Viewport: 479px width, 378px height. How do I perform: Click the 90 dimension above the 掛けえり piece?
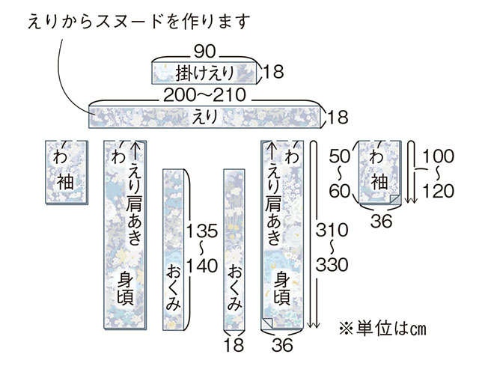pyautogui.click(x=204, y=52)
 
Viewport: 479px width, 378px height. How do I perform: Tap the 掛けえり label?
pyautogui.click(x=204, y=73)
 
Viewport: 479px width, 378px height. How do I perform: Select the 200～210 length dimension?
pyautogui.click(x=204, y=95)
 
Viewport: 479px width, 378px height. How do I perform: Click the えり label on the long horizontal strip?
pyautogui.click(x=205, y=117)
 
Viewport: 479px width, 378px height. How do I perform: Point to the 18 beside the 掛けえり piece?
pyautogui.click(x=273, y=72)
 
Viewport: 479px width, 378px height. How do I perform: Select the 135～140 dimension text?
pyautogui.click(x=202, y=248)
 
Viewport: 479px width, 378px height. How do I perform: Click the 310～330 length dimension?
pyautogui.click(x=332, y=247)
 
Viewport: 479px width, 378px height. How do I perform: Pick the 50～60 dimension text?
pyautogui.click(x=339, y=174)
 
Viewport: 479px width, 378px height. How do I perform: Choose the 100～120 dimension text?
pyautogui.click(x=438, y=174)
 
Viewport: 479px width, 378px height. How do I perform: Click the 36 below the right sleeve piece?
pyautogui.click(x=381, y=221)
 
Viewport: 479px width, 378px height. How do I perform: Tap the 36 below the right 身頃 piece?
pyautogui.click(x=282, y=345)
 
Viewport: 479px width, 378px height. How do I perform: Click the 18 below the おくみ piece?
pyautogui.click(x=234, y=345)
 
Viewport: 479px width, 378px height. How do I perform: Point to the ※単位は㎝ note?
pyautogui.click(x=382, y=329)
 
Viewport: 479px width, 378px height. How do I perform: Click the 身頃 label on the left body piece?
pyautogui.click(x=126, y=289)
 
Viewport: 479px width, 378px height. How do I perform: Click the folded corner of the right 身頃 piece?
pyautogui.click(x=266, y=323)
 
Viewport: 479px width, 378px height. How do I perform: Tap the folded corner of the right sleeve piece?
pyautogui.click(x=395, y=199)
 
